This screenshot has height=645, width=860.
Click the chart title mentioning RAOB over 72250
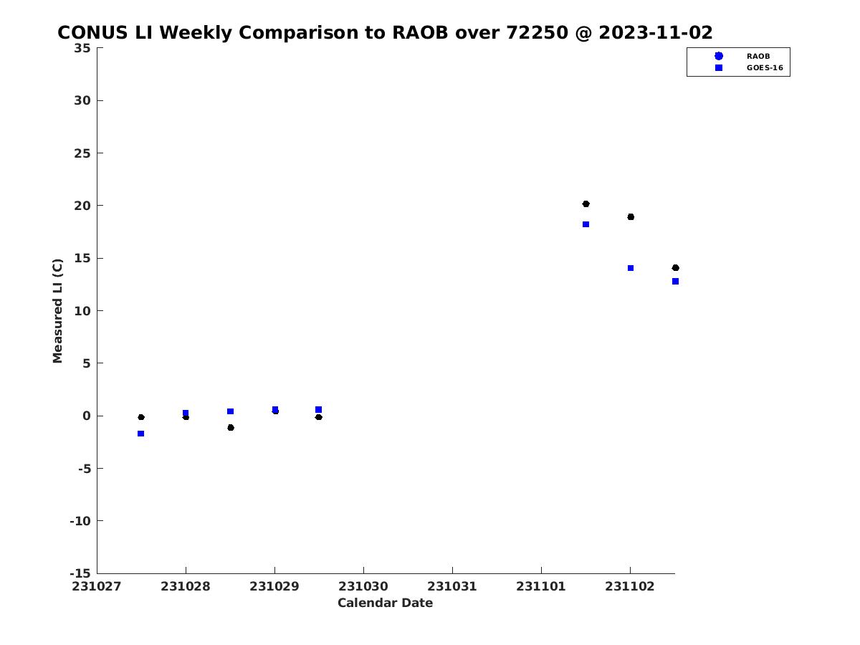pos(385,32)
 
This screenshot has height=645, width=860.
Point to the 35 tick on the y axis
pos(82,48)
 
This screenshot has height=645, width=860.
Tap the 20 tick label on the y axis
pos(82,206)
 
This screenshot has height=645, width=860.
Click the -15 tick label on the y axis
pos(80,573)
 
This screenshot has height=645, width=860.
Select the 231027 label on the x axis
pos(96,586)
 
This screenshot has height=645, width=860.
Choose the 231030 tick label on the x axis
pos(363,586)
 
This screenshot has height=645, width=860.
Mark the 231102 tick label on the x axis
pos(630,586)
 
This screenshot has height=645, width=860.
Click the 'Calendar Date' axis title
pos(385,603)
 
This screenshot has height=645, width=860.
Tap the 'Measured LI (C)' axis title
pos(57,311)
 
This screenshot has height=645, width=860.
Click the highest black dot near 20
pos(586,204)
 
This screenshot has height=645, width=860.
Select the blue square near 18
pos(586,224)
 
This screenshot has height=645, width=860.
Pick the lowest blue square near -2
pos(141,434)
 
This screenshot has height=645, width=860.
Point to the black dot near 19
pos(631,217)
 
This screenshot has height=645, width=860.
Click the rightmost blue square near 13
pos(676,281)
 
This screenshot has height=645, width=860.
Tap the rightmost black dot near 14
pos(676,268)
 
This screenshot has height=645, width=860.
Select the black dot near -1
pos(231,428)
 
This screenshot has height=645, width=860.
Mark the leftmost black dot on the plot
pos(141,417)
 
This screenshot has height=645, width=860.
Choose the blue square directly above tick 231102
pos(631,268)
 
